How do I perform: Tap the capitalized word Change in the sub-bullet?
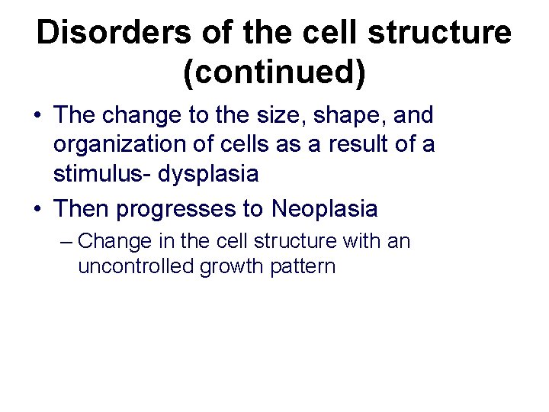click(108, 243)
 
